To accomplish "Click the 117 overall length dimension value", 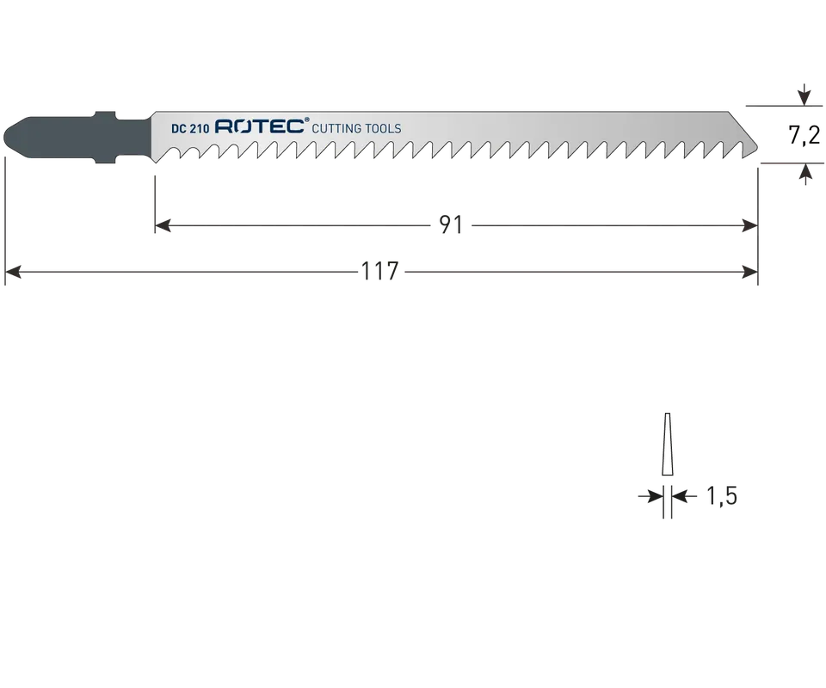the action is click(x=379, y=272).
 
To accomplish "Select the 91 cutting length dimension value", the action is click(x=451, y=225).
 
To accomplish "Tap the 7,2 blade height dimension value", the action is click(x=804, y=136).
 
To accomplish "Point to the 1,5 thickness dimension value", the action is click(x=721, y=496).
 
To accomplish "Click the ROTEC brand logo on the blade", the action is click(x=260, y=127).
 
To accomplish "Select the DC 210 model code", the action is click(x=190, y=128).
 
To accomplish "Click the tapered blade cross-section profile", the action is click(x=667, y=445).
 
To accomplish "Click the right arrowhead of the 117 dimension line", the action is click(x=749, y=272).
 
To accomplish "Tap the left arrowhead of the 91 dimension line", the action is click(x=163, y=226).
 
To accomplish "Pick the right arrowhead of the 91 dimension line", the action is click(x=749, y=226).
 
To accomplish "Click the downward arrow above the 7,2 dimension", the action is click(x=804, y=95).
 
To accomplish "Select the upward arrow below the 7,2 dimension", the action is click(x=805, y=175).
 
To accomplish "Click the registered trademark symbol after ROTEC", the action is click(x=307, y=120).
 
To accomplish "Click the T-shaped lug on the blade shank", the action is click(x=105, y=137).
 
